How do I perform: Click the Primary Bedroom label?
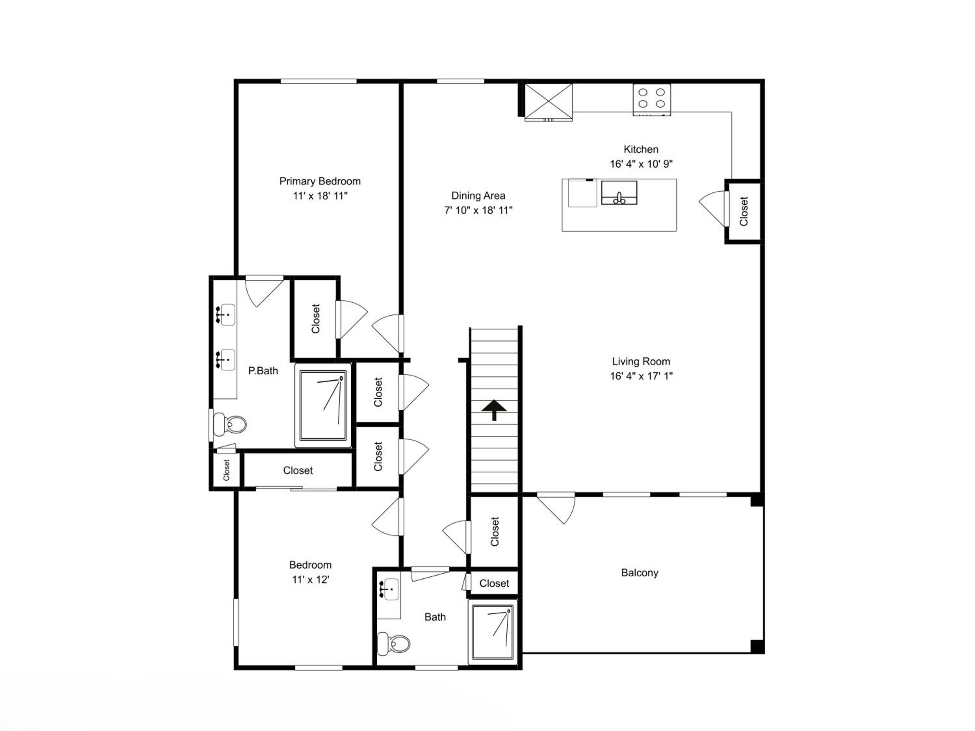coord(320,181)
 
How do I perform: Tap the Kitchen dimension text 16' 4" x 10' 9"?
coord(641,164)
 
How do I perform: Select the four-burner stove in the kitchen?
coord(652,100)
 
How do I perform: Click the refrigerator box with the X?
coord(548,101)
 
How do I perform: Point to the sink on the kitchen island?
coord(619,193)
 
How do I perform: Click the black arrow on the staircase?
coord(494,410)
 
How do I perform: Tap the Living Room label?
coord(641,361)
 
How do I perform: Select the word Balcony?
coord(640,573)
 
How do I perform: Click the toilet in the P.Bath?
coord(229,424)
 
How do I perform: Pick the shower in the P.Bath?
coord(323,405)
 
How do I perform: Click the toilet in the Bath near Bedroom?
coord(394,644)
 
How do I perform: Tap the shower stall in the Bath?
coord(493,632)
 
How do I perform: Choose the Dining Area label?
coord(478,196)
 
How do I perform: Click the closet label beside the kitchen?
coord(744,211)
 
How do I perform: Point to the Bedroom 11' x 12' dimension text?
coord(310,579)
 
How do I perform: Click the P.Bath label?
coord(263,371)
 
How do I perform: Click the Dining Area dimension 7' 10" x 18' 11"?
coord(478,210)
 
